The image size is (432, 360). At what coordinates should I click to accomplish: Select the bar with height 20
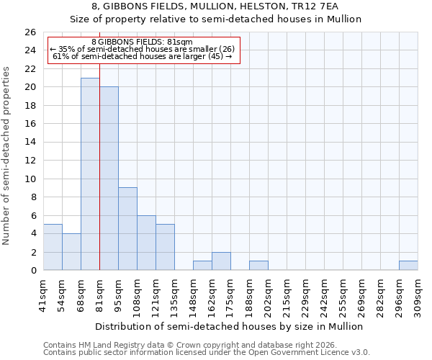[x=109, y=178]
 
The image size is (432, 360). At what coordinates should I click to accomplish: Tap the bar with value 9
[x=127, y=228]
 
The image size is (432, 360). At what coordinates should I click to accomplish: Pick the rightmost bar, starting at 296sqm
[x=408, y=265]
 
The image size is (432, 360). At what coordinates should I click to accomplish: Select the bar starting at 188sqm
[x=258, y=265]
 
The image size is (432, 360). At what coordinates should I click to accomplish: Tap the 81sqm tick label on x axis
[x=99, y=294]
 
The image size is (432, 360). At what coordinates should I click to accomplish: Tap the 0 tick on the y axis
[x=32, y=270]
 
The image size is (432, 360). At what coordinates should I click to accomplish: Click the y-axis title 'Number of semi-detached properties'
[x=7, y=155]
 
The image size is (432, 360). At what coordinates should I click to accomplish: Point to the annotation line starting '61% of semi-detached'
[x=143, y=57]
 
